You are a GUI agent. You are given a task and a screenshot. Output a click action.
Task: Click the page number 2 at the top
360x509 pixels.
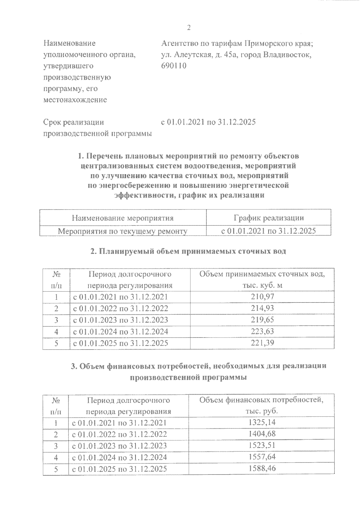pyautogui.click(x=189, y=28)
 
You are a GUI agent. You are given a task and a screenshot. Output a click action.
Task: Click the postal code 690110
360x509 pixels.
pyautogui.click(x=174, y=66)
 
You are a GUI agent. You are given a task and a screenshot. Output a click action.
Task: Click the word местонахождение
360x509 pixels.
pyautogui.click(x=75, y=100)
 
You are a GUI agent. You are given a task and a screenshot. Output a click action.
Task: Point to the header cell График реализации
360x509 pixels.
pyautogui.click(x=268, y=218)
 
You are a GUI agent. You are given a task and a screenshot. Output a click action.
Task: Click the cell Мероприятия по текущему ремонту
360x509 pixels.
pyautogui.click(x=123, y=231)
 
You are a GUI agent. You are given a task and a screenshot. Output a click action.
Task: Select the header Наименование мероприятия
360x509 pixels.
pyautogui.click(x=123, y=218)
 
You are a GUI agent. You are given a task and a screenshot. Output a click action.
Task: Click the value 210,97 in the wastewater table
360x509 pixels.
pyautogui.click(x=262, y=297)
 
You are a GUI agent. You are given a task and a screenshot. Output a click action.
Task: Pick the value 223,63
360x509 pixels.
pyautogui.click(x=262, y=331)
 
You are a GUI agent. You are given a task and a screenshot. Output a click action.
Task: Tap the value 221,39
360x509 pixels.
pyautogui.click(x=262, y=343)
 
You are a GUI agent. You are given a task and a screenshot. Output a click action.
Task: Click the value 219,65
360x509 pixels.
pyautogui.click(x=262, y=320)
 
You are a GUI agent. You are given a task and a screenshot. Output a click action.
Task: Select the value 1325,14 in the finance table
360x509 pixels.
pyautogui.click(x=262, y=423)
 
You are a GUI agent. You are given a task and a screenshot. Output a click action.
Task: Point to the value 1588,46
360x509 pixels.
pyautogui.click(x=262, y=469)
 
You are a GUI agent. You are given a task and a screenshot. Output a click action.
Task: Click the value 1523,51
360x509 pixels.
pyautogui.click(x=262, y=446)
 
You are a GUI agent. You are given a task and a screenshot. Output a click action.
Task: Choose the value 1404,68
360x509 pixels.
pyautogui.click(x=262, y=434)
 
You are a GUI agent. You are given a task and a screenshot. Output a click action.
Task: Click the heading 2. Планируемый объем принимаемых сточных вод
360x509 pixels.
pyautogui.click(x=188, y=252)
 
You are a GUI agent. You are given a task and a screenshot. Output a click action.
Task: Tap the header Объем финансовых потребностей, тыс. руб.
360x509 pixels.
pyautogui.click(x=262, y=406)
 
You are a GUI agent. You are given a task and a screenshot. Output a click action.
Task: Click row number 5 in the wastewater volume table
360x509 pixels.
pyautogui.click(x=56, y=343)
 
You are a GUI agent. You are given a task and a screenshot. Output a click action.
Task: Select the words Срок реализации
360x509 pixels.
pyautogui.click(x=74, y=122)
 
